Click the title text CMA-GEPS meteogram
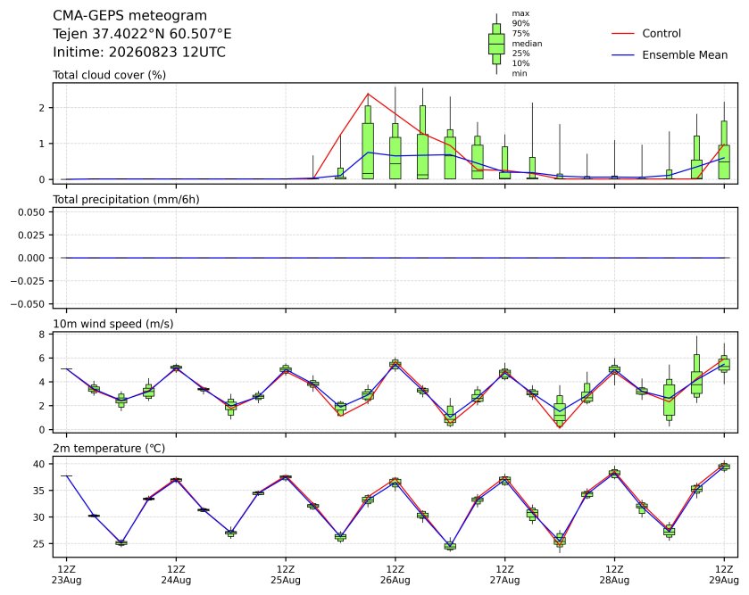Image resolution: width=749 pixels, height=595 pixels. click(x=130, y=16)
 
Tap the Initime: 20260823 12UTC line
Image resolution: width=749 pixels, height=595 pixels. click(x=139, y=52)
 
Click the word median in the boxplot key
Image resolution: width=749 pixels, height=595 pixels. click(x=527, y=44)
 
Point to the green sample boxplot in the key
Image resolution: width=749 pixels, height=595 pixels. click(x=496, y=44)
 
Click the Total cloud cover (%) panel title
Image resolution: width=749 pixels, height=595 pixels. click(x=110, y=75)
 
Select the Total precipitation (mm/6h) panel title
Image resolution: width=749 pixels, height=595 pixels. click(x=126, y=200)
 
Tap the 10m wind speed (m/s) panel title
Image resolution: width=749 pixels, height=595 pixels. click(x=113, y=324)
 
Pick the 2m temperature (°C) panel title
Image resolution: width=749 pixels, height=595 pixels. click(x=109, y=449)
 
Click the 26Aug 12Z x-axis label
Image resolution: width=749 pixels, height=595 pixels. click(x=395, y=575)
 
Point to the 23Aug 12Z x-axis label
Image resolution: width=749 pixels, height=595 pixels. click(x=66, y=575)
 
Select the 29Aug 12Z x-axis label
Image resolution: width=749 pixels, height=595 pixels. click(x=724, y=575)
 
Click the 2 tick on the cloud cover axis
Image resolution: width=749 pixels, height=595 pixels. click(x=42, y=108)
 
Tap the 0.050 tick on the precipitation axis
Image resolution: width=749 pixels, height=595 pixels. click(x=31, y=212)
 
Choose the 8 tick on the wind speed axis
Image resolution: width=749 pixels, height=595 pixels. click(x=42, y=335)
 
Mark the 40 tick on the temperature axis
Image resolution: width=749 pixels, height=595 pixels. click(x=38, y=464)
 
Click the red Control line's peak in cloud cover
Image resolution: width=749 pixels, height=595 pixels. click(x=368, y=94)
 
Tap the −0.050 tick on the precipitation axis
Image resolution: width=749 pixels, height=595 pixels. click(x=28, y=304)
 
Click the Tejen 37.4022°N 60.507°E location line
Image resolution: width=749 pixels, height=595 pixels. click(x=142, y=34)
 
